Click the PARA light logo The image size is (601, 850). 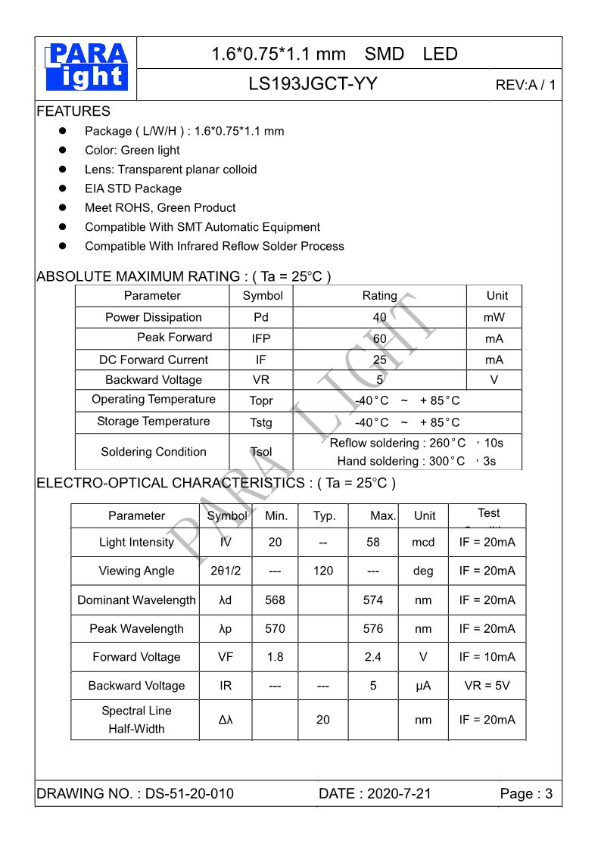tap(86, 67)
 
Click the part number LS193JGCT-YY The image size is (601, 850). tap(313, 84)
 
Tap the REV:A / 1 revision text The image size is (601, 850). tap(525, 85)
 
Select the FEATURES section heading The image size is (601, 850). tap(73, 111)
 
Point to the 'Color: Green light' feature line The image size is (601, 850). tap(132, 150)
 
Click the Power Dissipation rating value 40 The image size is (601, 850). tap(379, 317)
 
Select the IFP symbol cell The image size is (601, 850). tap(260, 338)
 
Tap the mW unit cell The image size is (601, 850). tap(494, 317)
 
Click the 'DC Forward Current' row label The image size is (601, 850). tap(153, 360)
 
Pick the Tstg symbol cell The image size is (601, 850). tap(260, 422)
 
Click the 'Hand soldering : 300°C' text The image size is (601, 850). tap(401, 461)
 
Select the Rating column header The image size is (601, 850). tap(379, 296)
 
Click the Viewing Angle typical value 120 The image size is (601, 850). tap(323, 571)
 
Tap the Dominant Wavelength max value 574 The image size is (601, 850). tap(373, 599)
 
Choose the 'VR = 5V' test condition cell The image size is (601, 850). tap(487, 686)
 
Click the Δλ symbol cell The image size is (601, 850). tap(226, 720)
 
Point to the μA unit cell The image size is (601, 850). tap(423, 686)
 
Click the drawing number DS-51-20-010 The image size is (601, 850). tap(189, 793)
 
